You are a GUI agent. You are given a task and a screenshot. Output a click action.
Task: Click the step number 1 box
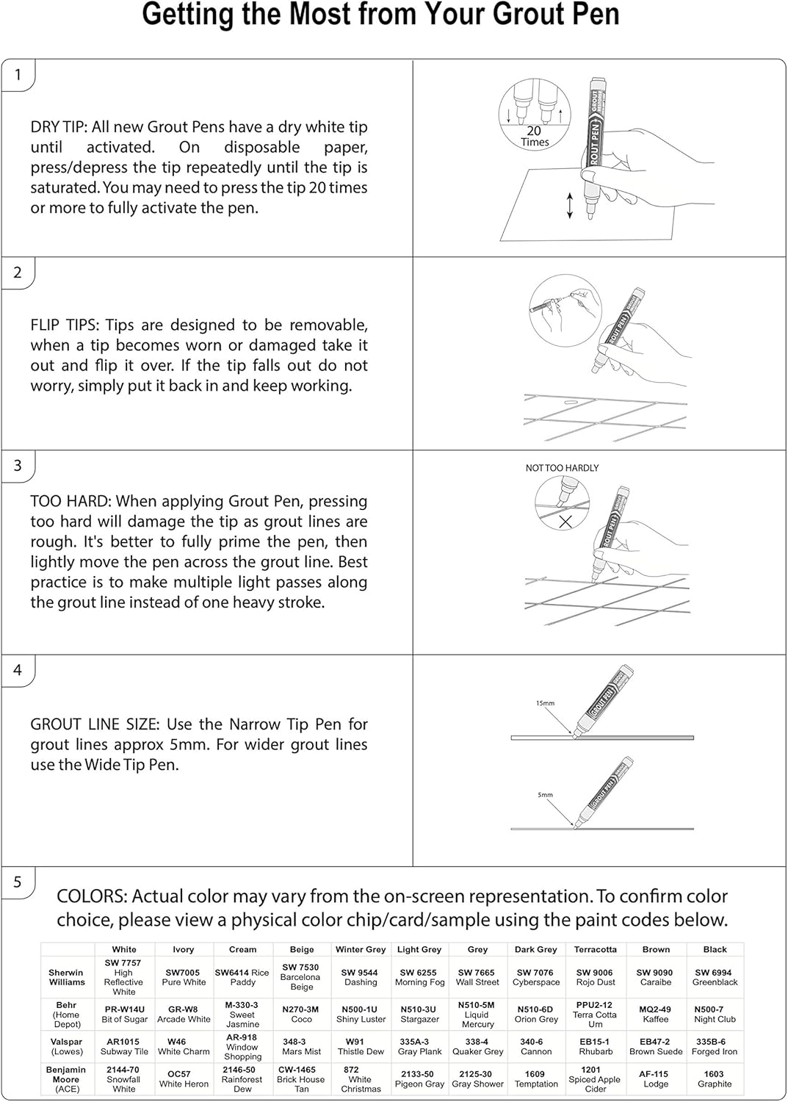click(18, 75)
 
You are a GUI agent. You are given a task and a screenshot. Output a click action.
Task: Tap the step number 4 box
click(18, 670)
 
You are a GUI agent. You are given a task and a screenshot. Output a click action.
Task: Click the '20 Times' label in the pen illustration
click(535, 136)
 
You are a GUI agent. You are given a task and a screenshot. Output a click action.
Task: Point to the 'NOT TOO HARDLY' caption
click(562, 468)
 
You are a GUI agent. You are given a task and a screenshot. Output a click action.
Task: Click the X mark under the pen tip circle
click(565, 522)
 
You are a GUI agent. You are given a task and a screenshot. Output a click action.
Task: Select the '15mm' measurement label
click(545, 703)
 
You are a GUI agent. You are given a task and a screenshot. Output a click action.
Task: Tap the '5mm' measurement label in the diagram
click(545, 795)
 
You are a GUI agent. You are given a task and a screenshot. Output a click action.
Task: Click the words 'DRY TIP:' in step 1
click(59, 127)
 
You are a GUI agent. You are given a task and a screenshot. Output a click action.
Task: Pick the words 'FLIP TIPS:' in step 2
click(65, 325)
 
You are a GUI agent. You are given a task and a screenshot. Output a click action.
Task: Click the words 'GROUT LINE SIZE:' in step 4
click(94, 724)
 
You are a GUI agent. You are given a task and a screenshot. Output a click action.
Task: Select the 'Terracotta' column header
click(596, 949)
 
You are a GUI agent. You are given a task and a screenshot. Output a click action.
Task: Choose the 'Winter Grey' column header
click(361, 949)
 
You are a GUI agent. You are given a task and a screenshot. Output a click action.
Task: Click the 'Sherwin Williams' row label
click(67, 977)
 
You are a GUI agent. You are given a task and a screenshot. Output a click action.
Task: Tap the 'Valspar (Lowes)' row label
click(67, 1046)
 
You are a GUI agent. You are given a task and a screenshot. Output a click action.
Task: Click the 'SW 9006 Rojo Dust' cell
click(595, 977)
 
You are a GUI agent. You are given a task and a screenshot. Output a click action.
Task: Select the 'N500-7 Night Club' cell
click(715, 1015)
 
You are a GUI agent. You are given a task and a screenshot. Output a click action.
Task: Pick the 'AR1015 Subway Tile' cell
click(124, 1046)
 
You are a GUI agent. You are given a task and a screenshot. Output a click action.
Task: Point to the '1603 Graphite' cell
click(715, 1078)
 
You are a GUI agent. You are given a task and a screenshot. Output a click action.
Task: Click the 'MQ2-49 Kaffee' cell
click(656, 1015)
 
